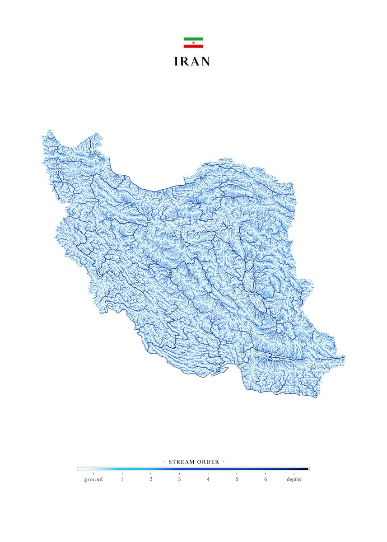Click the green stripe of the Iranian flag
193,39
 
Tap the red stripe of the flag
193,46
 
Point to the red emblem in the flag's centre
193,42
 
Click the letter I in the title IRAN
177,62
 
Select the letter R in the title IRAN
186,62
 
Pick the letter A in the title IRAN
196,62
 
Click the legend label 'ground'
93,479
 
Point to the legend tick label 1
122,479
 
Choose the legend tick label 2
151,479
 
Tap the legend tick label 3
179,479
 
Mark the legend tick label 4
208,479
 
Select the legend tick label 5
237,479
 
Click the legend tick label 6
266,479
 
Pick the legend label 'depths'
294,479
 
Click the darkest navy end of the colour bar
307,469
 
